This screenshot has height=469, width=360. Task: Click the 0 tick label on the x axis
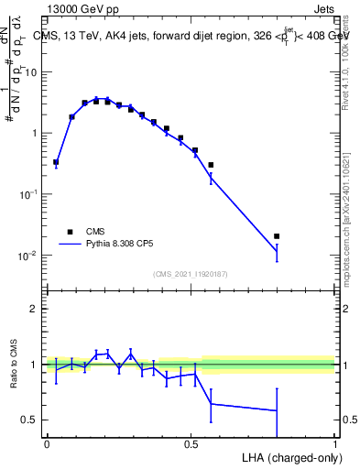47,443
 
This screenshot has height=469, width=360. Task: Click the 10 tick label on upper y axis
31,71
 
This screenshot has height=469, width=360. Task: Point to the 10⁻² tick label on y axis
27,255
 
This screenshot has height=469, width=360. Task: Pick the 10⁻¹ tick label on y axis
27,194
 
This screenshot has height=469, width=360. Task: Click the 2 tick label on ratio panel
35,309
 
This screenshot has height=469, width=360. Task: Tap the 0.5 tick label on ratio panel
30,420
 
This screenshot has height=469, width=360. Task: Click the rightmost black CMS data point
277,236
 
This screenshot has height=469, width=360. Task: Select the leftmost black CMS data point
56,162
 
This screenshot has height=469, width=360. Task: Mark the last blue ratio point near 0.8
277,410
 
